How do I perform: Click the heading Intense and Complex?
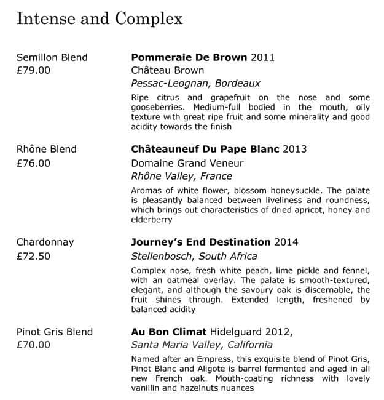[x=100, y=18]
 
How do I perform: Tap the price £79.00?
[x=33, y=70]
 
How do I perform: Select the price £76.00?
[x=33, y=163]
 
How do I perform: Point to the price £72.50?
[x=33, y=256]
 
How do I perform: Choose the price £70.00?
[x=33, y=345]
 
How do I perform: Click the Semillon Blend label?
[x=52, y=57]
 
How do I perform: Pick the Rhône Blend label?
[x=46, y=150]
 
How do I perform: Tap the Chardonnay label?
[x=45, y=242]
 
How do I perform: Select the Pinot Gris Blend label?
[x=54, y=332]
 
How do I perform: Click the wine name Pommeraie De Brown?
[x=189, y=57]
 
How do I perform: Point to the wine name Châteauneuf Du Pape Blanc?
[x=205, y=150]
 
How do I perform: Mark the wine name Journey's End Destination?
[x=201, y=242]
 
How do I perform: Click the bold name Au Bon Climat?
[x=168, y=332]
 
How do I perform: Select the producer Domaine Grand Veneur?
[x=187, y=163]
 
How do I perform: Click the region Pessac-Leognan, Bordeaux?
[x=196, y=83]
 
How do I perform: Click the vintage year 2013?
[x=294, y=150]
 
